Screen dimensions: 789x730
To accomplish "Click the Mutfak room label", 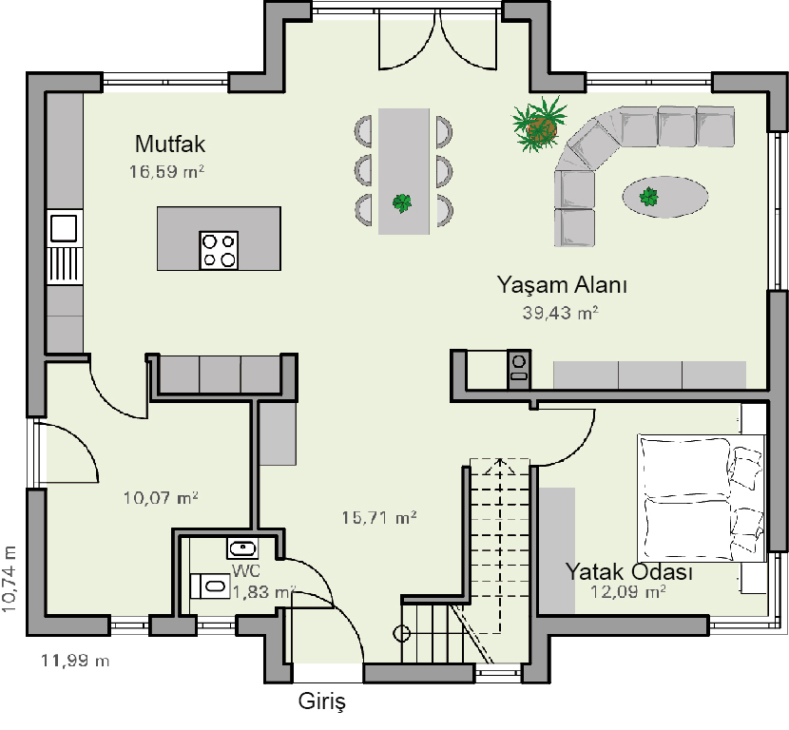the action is (170, 144).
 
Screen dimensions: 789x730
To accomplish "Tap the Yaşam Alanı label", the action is (562, 285).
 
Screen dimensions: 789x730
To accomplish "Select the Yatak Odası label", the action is (629, 571).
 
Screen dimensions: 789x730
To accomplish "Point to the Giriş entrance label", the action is (322, 701).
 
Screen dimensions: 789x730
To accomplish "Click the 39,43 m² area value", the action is (560, 313).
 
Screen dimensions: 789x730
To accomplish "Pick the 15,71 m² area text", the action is (379, 517).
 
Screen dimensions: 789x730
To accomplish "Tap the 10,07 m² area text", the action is (161, 498).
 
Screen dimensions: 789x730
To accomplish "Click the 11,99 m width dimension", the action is (75, 660).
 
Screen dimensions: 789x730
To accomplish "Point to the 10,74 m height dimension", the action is (10, 579).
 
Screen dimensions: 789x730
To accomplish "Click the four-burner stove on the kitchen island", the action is (219, 251).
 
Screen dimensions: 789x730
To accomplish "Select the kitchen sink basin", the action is (64, 227).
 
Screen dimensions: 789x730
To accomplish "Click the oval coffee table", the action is (665, 197).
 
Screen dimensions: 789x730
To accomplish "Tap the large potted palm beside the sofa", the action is (540, 125).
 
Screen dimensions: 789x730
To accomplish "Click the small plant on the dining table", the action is (402, 203).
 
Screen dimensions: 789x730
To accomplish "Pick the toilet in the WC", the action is (209, 586).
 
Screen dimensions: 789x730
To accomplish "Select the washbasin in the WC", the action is (242, 547).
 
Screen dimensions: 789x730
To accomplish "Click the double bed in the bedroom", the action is (702, 499).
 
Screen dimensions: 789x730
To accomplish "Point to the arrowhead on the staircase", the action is (500, 466).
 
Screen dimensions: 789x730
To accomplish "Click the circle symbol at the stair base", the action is (402, 633).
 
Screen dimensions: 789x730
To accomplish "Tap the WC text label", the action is (246, 570).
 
